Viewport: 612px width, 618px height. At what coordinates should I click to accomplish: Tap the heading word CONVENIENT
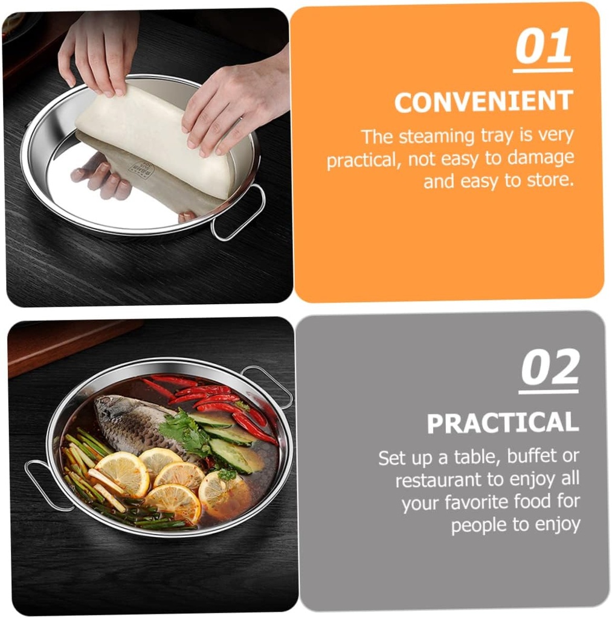(x=483, y=101)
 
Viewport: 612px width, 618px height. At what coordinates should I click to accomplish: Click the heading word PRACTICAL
(x=503, y=423)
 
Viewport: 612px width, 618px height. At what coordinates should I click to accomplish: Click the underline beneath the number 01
(x=543, y=70)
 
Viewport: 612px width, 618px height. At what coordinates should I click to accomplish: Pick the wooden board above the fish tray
(x=71, y=343)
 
